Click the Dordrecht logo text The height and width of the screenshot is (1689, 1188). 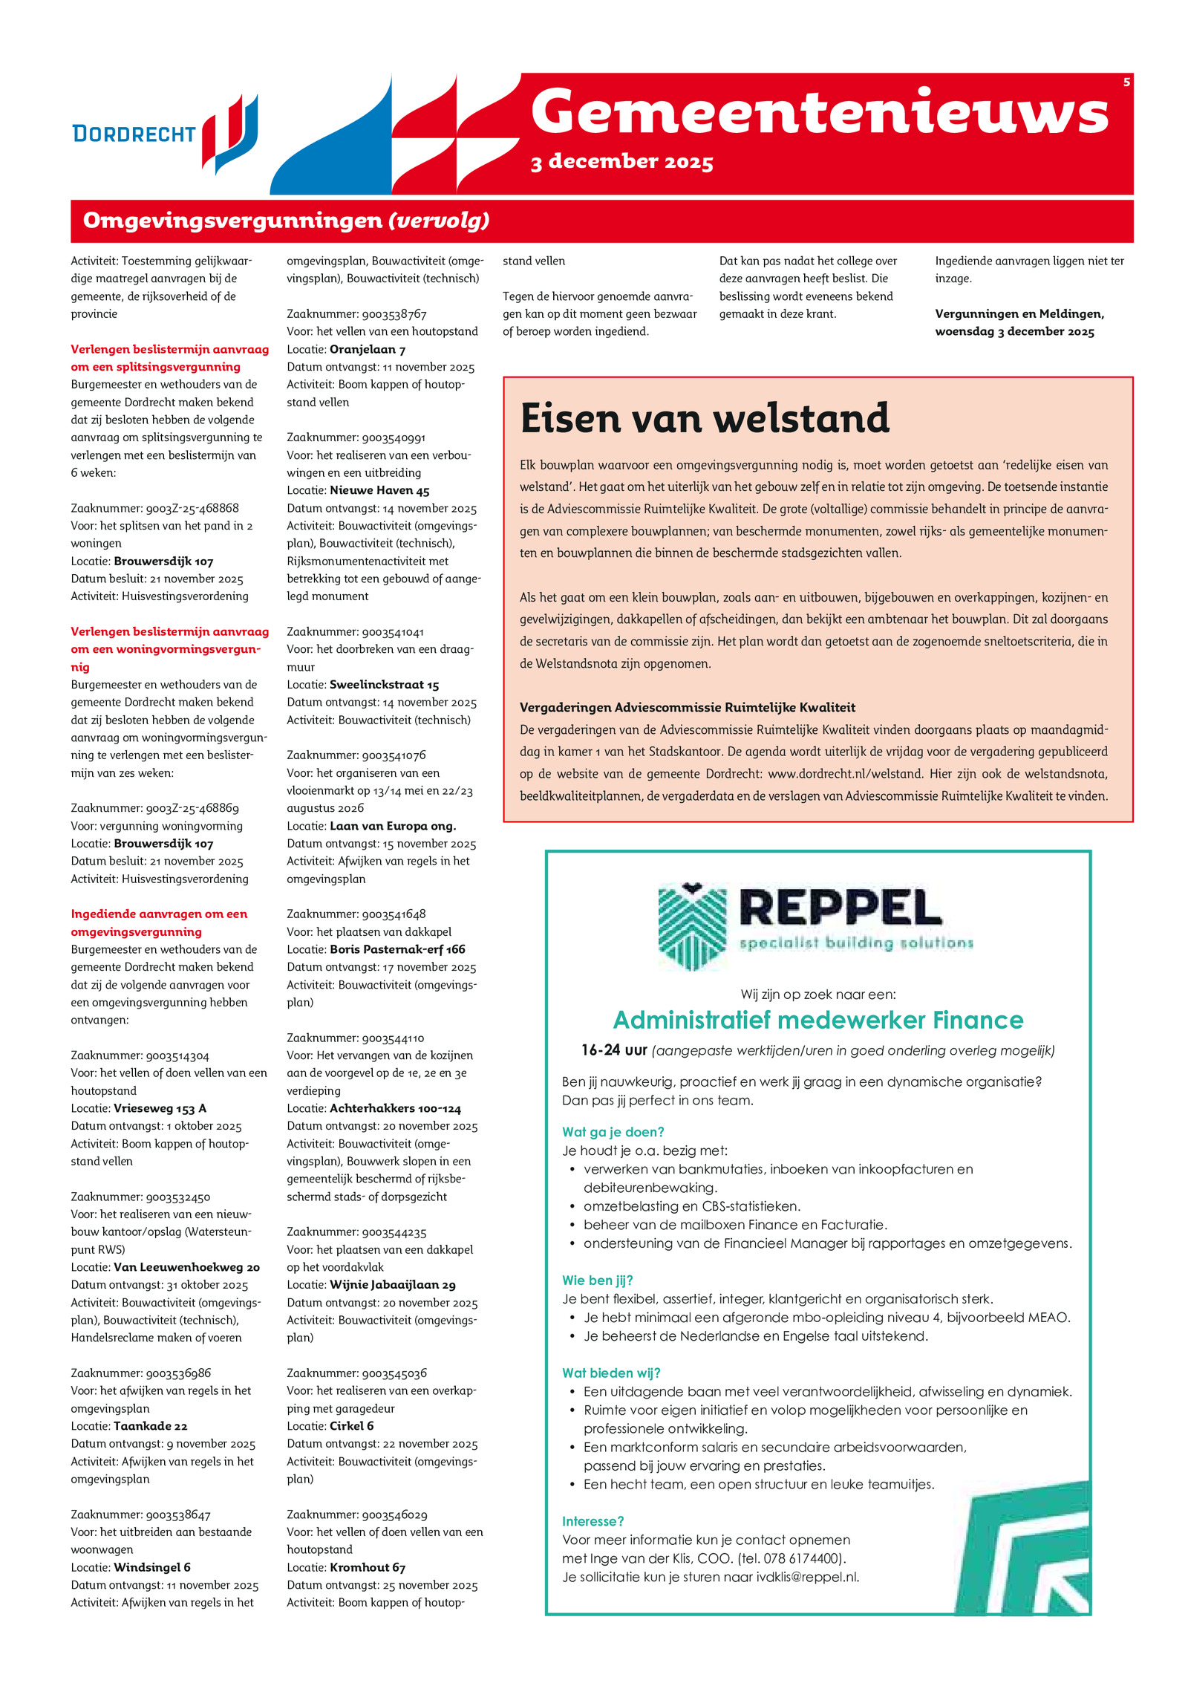[134, 134]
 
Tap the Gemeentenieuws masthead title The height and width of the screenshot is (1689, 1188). [819, 112]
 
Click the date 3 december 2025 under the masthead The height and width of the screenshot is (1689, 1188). [621, 162]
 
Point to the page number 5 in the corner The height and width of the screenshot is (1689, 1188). [1126, 82]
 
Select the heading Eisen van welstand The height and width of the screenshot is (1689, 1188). [704, 418]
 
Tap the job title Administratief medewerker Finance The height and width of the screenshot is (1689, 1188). [817, 1020]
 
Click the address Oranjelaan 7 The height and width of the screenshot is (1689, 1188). [367, 349]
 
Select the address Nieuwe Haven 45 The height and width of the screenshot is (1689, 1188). [379, 490]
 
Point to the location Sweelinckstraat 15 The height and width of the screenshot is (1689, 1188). [384, 685]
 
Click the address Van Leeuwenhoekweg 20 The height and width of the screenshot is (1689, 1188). [186, 1267]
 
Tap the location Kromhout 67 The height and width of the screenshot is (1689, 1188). [367, 1567]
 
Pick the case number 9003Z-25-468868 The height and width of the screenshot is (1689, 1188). [192, 508]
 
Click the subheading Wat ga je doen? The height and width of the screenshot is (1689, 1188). [613, 1132]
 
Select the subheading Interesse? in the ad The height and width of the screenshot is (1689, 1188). [593, 1521]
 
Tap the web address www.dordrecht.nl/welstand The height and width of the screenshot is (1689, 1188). [845, 773]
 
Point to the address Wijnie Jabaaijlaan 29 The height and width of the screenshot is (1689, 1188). [392, 1285]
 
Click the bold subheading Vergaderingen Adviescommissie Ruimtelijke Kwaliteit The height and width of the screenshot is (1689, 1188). [687, 707]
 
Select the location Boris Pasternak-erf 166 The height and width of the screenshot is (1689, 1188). [397, 949]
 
